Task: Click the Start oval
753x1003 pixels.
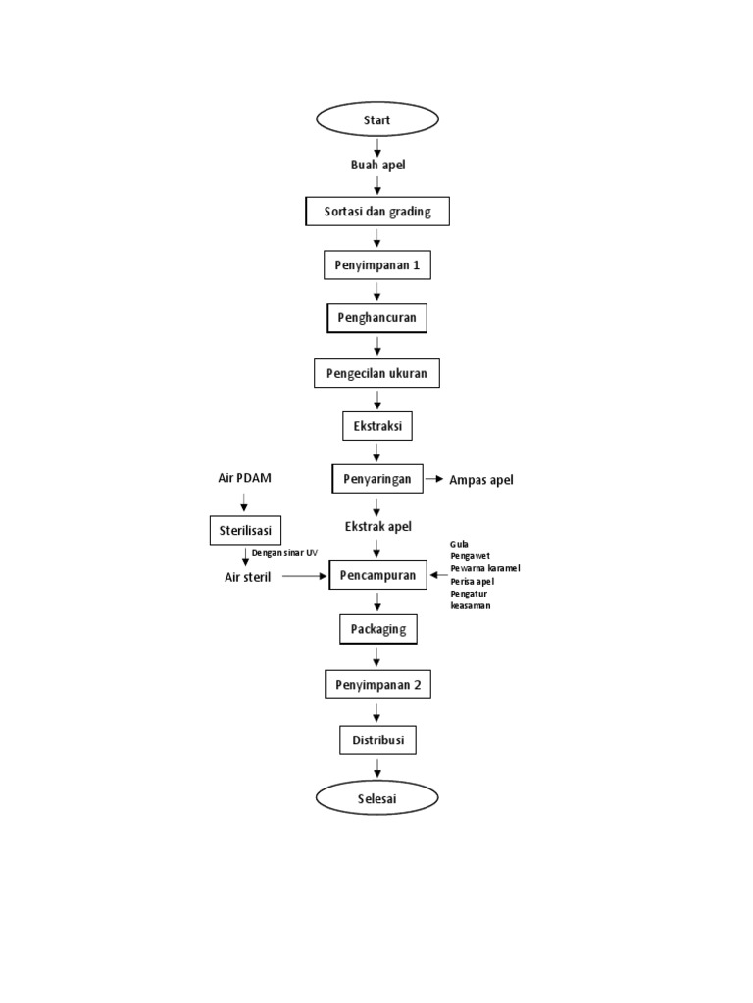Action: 377,119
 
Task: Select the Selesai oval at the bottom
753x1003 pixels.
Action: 377,798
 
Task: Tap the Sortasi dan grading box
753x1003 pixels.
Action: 377,212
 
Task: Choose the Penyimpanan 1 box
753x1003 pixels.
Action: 377,265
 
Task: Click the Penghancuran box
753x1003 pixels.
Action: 377,319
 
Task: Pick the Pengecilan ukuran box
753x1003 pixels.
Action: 377,373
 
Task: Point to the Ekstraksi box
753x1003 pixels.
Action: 377,427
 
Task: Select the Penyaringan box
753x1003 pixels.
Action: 377,479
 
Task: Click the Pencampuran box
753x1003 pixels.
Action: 377,576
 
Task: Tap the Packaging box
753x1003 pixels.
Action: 377,629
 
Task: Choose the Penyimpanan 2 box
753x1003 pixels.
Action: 377,685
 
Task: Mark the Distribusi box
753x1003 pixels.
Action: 377,740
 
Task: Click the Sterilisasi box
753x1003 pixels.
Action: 245,531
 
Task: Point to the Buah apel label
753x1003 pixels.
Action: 377,165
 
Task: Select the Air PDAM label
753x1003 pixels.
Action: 244,478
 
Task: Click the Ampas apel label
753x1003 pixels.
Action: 480,480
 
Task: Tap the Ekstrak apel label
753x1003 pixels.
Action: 377,527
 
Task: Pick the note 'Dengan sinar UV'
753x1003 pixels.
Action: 284,553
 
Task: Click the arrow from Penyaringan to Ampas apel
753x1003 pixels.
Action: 433,479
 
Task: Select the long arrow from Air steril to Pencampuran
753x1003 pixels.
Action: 304,577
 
